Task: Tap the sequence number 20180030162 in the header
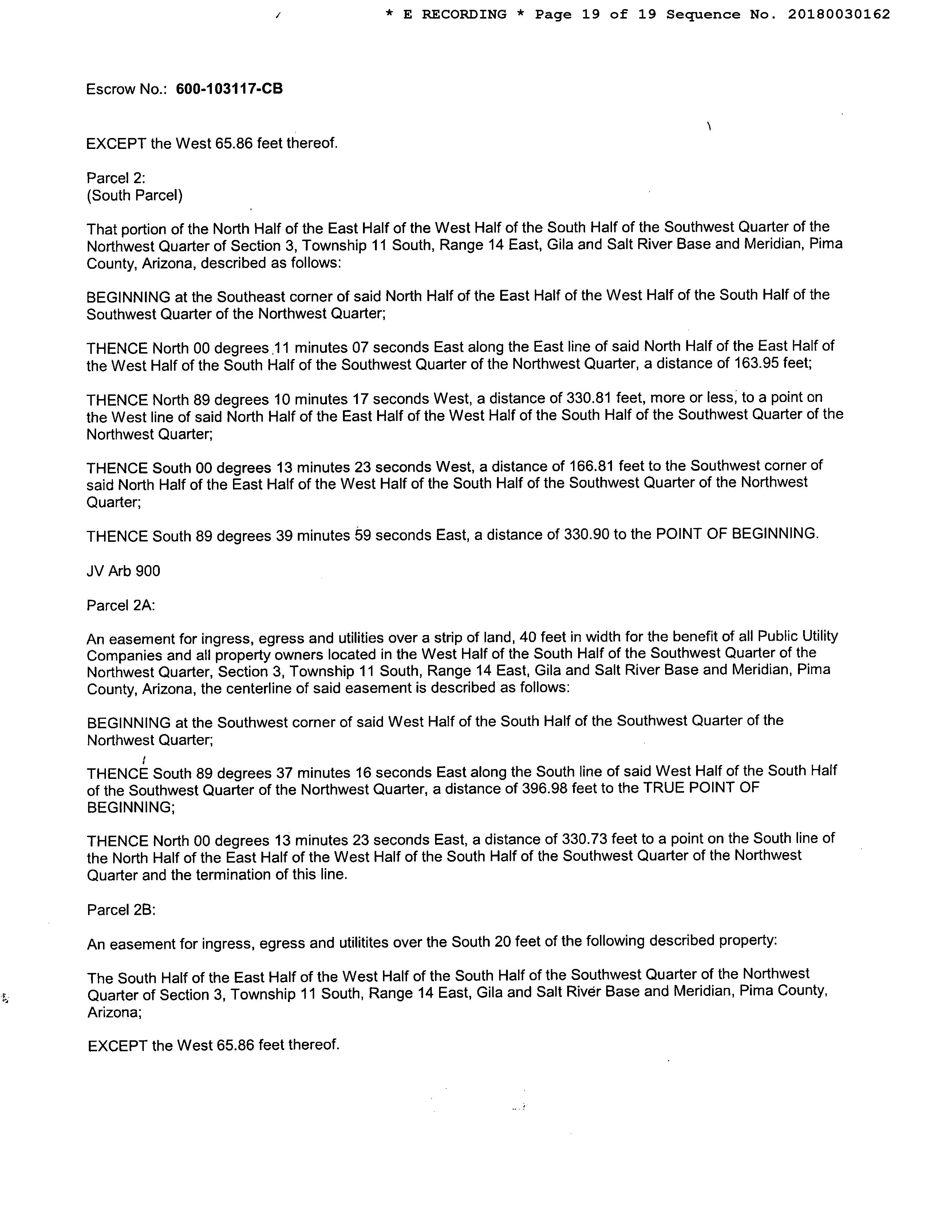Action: click(x=839, y=14)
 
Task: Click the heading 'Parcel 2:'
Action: click(x=116, y=178)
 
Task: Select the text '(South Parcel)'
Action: click(x=135, y=196)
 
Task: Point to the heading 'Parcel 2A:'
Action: click(x=121, y=606)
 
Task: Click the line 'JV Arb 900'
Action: click(x=123, y=571)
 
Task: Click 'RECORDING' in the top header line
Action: click(x=464, y=14)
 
